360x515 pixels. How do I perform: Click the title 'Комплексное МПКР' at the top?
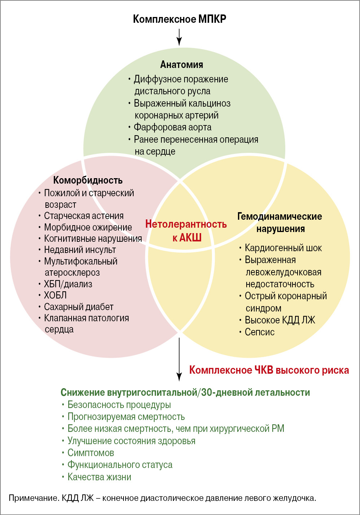pos(179,19)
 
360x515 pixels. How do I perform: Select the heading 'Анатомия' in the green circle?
pos(182,65)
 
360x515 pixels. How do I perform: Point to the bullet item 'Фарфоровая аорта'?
pos(173,127)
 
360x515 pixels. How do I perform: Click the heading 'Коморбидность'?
pos(88,180)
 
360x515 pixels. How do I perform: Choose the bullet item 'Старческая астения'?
pos(84,216)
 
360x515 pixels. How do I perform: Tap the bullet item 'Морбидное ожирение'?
pos(88,227)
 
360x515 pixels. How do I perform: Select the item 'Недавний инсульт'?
pos(80,250)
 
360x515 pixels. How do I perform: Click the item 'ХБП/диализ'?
pos(68,284)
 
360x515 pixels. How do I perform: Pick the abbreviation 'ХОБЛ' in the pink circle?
pos(55,295)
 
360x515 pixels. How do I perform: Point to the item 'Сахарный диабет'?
pos(79,307)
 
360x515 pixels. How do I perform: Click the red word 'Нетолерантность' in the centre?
pos(186,224)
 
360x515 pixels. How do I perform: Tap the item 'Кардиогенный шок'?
pos(283,248)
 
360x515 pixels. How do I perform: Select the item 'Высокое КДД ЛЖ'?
pos(280,320)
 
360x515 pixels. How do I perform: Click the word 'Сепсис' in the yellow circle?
pos(260,332)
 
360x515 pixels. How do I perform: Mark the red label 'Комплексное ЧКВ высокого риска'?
pos(269,370)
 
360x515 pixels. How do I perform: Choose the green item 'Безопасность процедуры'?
pos(119,405)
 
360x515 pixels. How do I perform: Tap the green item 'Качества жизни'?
pos(99,477)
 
